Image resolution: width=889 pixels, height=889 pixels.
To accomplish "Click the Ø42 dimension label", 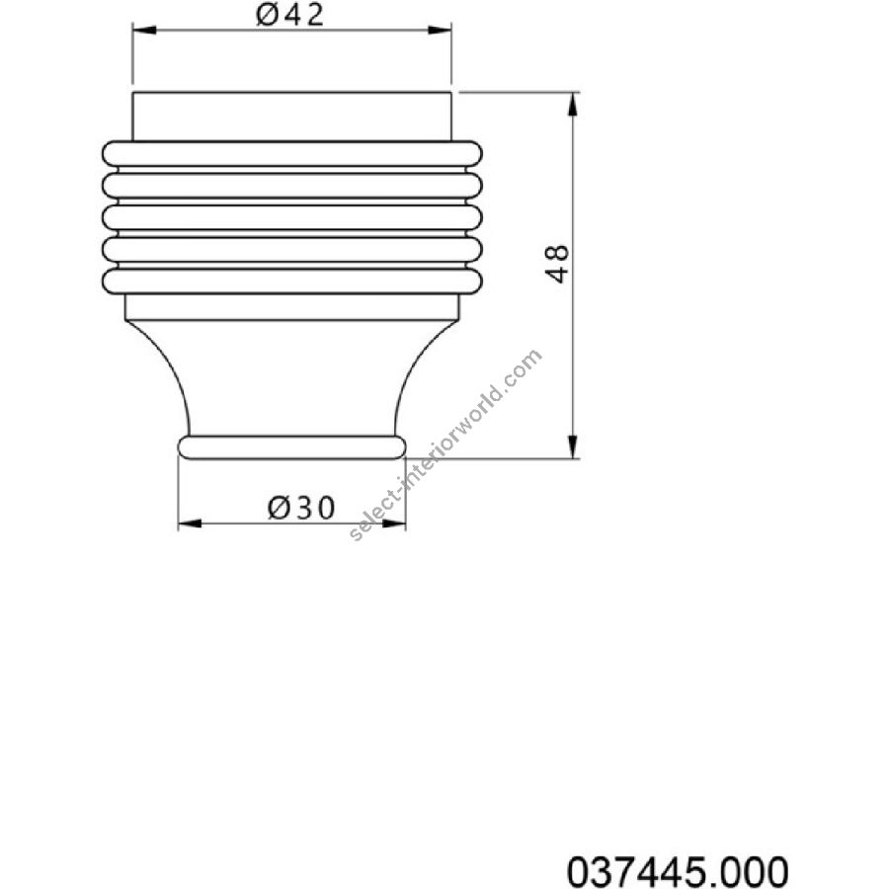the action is (x=289, y=15).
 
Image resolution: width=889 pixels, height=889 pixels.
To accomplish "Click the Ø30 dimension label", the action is (x=301, y=507).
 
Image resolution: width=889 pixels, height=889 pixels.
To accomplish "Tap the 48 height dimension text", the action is (x=557, y=264).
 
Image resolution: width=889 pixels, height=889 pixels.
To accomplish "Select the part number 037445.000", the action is (x=678, y=870).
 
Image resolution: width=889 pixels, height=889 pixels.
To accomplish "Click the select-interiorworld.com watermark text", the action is (x=445, y=445).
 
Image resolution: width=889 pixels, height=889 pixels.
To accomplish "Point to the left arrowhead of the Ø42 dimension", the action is (x=144, y=30).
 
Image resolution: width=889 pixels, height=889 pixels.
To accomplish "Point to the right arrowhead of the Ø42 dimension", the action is (x=440, y=30).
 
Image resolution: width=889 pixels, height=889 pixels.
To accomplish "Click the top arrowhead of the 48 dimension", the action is (x=573, y=104).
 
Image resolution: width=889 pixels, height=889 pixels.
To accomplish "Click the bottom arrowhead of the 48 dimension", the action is (x=573, y=446).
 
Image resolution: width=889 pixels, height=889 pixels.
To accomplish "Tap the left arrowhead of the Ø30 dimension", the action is (x=190, y=524).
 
